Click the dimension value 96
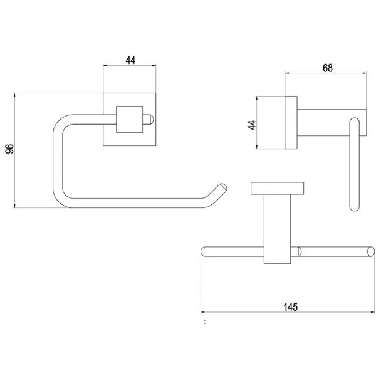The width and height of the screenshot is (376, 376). [10, 149]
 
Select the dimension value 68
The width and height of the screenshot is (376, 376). [328, 68]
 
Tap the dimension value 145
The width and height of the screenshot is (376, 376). [291, 307]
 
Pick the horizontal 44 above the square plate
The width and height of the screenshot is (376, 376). [130, 60]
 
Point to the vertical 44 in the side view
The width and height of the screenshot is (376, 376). [252, 125]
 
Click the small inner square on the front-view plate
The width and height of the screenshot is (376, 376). [130, 120]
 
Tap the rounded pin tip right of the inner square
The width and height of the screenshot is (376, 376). [151, 120]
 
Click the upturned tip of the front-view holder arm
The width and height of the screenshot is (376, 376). [222, 187]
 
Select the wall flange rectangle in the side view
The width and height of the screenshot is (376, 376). [291, 123]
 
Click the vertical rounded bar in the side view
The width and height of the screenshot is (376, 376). [355, 164]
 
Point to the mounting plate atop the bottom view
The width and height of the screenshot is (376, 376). [277, 188]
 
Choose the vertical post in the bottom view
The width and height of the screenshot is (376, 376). [277, 229]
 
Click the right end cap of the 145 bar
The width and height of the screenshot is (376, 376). [371, 251]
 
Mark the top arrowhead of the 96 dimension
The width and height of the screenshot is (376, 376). [15, 95]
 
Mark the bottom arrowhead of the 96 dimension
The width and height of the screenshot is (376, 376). [15, 206]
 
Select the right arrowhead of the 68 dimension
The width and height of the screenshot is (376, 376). [364, 73]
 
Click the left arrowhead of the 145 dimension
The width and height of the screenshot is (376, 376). [203, 312]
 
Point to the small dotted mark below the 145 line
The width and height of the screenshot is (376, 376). [205, 322]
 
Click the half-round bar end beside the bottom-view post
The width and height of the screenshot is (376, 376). [300, 251]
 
